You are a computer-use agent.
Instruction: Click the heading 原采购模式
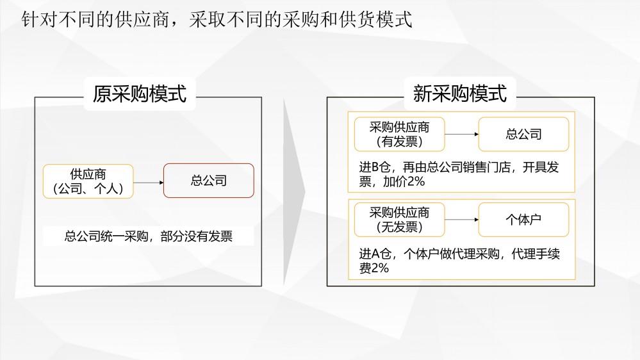140,94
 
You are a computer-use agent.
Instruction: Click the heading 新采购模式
459,94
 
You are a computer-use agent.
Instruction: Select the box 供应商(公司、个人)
88,181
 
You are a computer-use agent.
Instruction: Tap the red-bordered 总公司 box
209,181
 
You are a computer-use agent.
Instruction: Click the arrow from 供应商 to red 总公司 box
149,183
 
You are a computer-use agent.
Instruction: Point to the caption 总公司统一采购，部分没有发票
149,236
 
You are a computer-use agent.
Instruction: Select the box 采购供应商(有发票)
399,135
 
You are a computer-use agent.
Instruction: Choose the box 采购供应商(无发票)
399,220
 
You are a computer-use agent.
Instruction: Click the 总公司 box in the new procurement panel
523,135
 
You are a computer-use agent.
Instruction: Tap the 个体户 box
523,220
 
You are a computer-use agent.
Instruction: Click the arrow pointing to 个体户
462,220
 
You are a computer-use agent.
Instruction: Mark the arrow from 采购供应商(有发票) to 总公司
462,135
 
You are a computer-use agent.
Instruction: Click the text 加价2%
404,182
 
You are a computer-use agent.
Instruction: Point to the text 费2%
374,268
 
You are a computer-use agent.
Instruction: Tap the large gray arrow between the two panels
294,192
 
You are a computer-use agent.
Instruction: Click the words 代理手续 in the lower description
536,254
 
